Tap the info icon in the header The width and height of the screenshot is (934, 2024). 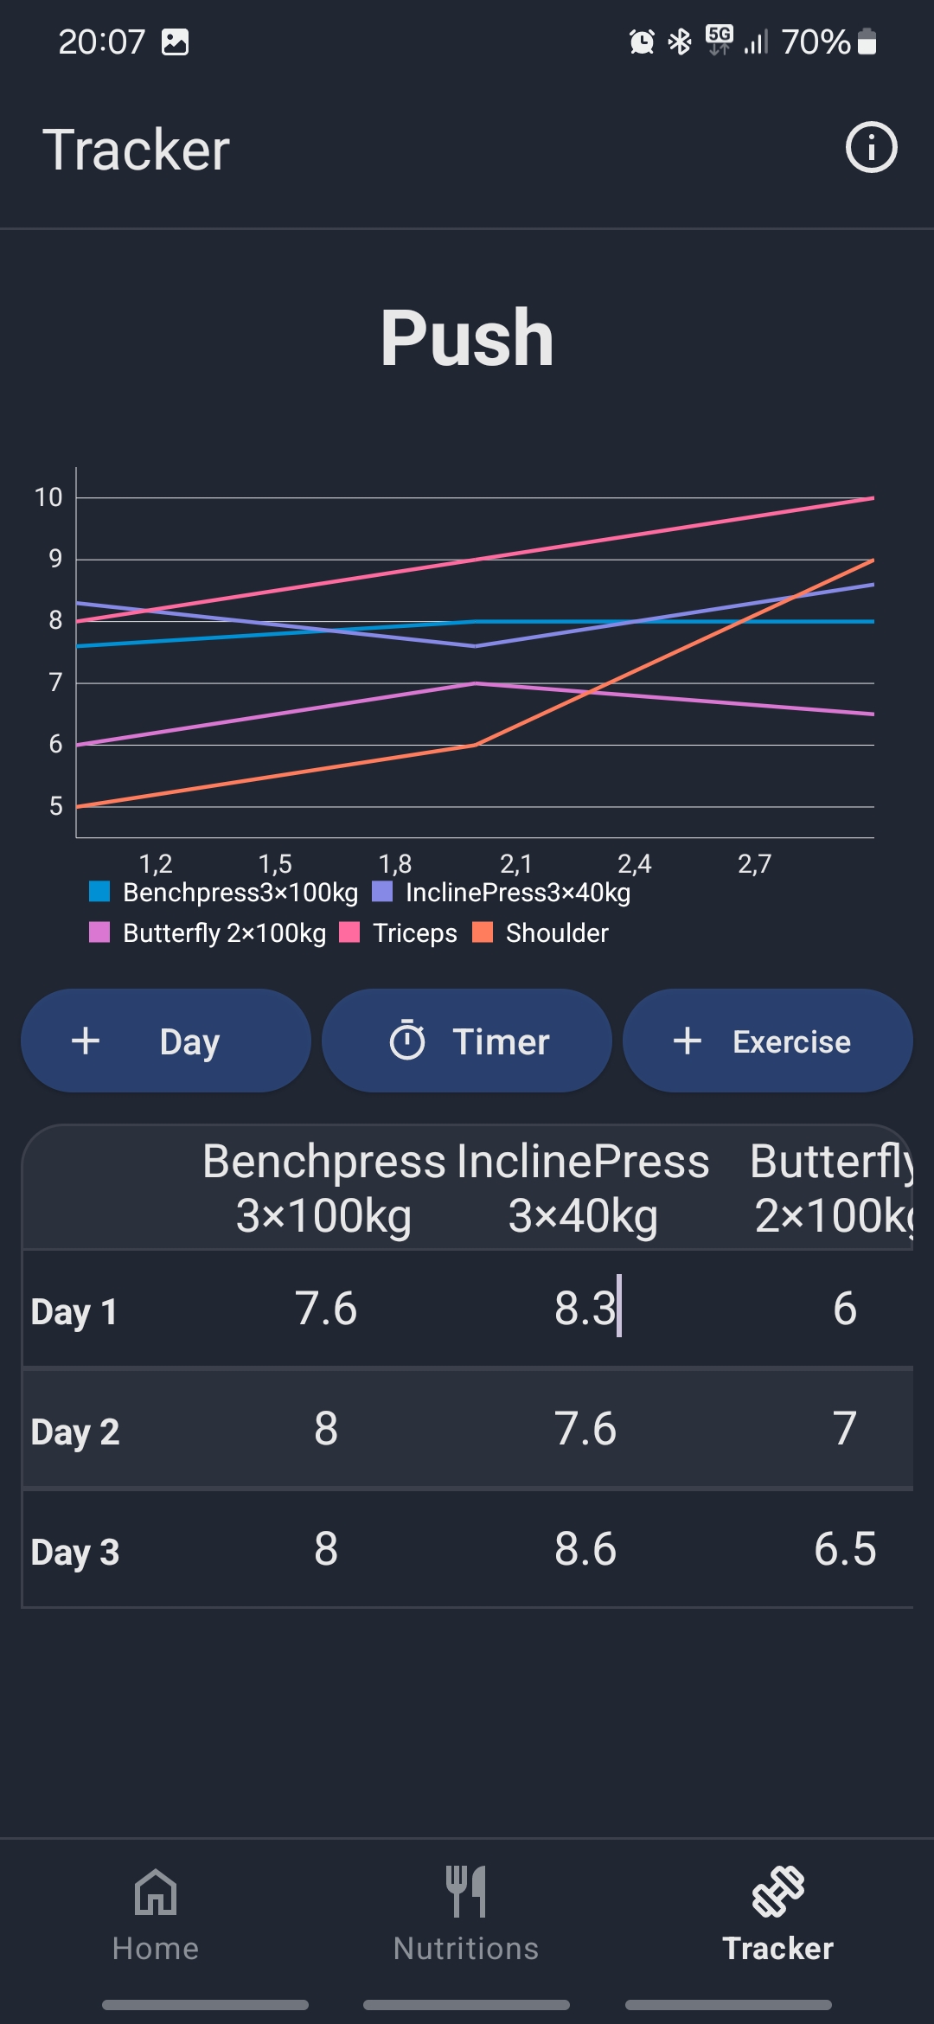pos(871,148)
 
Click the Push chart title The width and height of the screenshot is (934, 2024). pos(467,338)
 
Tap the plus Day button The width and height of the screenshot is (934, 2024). pos(165,1041)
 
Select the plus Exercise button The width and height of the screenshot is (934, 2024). pos(767,1041)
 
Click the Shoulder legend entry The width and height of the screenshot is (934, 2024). pos(541,932)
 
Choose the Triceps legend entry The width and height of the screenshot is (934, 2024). pos(400,932)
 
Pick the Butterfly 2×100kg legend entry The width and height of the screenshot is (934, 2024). pos(208,932)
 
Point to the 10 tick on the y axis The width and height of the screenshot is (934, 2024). pos(48,497)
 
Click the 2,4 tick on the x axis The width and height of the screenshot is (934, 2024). pos(634,863)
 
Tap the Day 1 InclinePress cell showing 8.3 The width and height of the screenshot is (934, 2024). pos(585,1308)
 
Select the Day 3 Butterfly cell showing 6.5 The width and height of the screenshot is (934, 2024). pos(844,1548)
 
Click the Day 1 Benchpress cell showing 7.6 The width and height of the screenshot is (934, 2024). pos(325,1308)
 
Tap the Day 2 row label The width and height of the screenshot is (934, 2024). pos(75,1432)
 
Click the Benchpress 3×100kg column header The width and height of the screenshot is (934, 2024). pos(324,1188)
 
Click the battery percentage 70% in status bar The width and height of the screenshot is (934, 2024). pos(816,42)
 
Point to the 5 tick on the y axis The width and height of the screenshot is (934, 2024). pos(55,806)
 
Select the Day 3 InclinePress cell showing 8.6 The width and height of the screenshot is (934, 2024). pos(585,1548)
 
